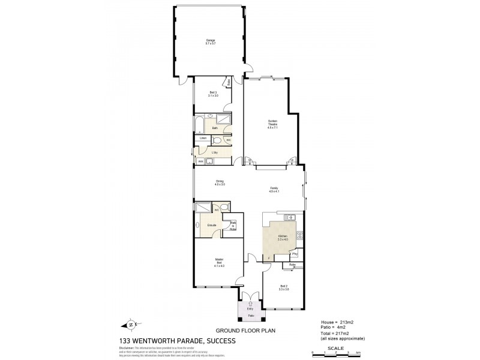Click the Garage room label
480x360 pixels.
coord(210,42)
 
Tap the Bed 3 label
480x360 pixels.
coord(213,94)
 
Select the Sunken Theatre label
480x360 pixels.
coord(273,124)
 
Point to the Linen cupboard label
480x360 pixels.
coord(203,139)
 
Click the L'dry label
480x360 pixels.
coord(215,152)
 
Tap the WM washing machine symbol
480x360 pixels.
coord(200,161)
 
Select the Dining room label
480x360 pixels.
coord(220,183)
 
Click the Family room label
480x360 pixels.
coord(274,190)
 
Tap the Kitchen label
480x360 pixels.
coord(282,238)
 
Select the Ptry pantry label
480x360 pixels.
coord(295,254)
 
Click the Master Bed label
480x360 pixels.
coord(219,262)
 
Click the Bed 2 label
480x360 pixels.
coord(284,287)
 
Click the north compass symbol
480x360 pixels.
coord(131,325)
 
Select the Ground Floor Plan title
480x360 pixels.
coord(240,331)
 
